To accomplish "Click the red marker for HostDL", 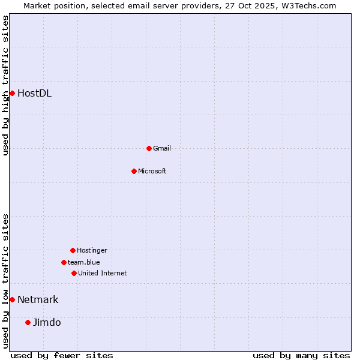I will pos(12,93).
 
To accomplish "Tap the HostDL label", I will pos(34,93).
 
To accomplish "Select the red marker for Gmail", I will pos(149,148).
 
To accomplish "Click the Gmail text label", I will pos(162,148).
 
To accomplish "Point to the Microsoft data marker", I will pos(134,171).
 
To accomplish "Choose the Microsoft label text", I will pos(152,171).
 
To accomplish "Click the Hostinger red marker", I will pos(73,250).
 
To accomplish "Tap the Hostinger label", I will pos(92,250).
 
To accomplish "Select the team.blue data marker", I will pos(64,262).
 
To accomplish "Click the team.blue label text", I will pos(84,262).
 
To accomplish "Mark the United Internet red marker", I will pos(74,273).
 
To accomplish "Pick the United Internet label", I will pos(103,273).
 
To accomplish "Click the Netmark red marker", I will pos(12,299).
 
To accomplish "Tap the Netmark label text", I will pos(38,299).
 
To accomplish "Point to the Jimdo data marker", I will pos(28,322).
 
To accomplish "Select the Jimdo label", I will pos(47,322).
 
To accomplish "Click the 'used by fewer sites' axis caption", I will pos(62,355).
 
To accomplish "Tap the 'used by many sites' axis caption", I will pos(301,355).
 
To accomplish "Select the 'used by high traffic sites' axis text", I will pos(5,85).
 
